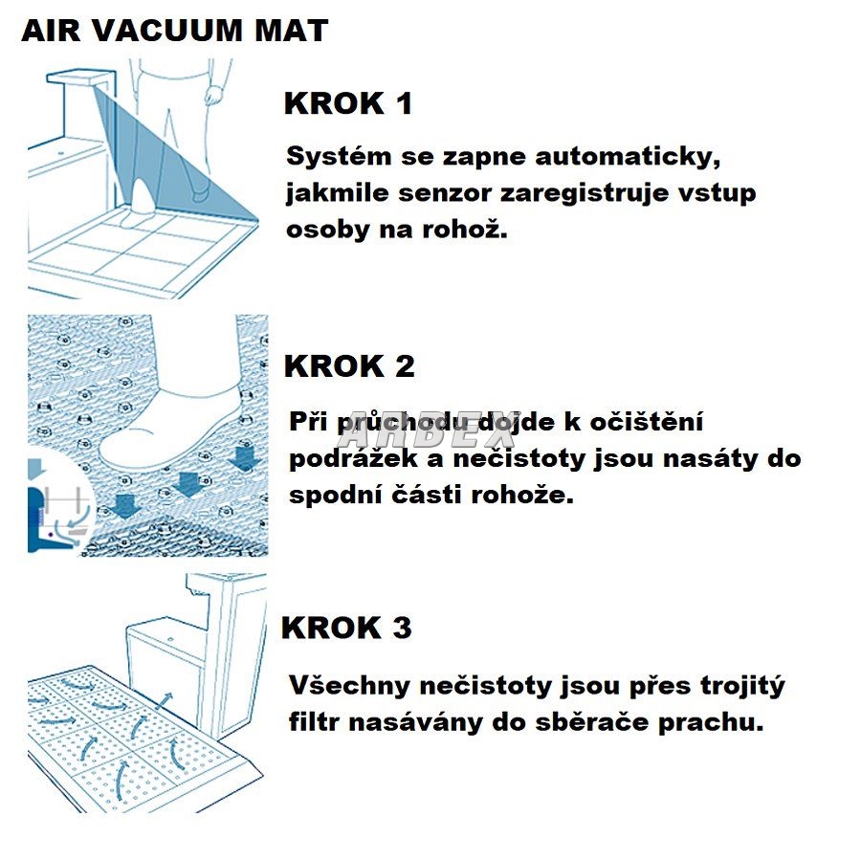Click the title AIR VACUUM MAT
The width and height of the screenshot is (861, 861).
pyautogui.click(x=175, y=31)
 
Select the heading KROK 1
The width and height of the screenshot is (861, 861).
pyautogui.click(x=348, y=103)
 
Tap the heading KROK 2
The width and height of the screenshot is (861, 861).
pyautogui.click(x=349, y=366)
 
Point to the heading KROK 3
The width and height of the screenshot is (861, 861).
pyautogui.click(x=346, y=628)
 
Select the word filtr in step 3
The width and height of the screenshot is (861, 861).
pyautogui.click(x=314, y=722)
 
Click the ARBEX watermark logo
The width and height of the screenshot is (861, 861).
pyautogui.click(x=428, y=429)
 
